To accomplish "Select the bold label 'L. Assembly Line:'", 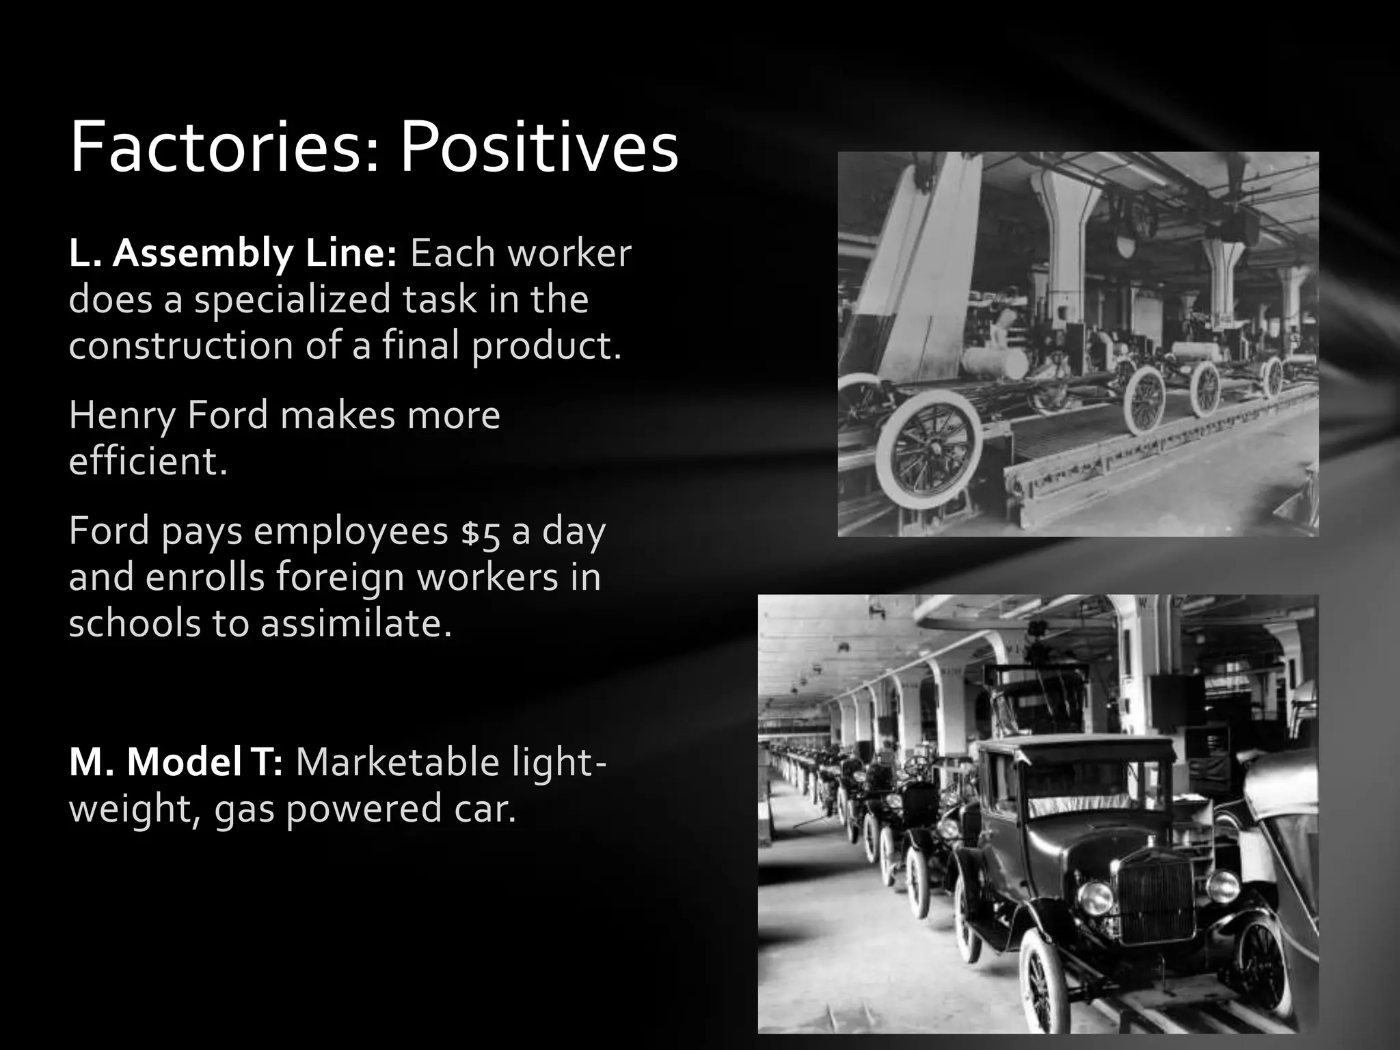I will pyautogui.click(x=232, y=254).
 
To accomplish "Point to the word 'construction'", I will pyautogui.click(x=180, y=345).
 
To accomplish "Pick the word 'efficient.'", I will pyautogui.click(x=148, y=461).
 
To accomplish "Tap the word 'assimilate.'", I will pyautogui.click(x=355, y=623).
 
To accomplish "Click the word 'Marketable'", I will pyautogui.click(x=396, y=763).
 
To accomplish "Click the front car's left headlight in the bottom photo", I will pyautogui.click(x=1095, y=898).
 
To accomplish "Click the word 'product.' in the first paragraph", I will pyautogui.click(x=546, y=345).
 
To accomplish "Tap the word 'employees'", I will pyautogui.click(x=351, y=533).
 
